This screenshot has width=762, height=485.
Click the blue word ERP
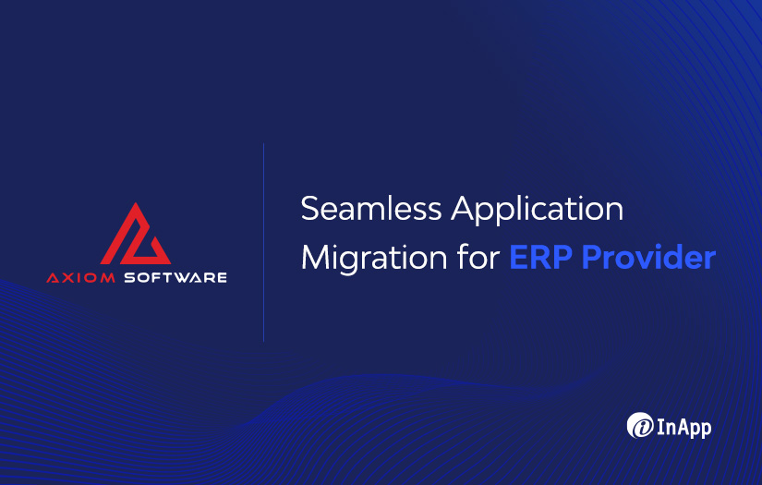[540, 257]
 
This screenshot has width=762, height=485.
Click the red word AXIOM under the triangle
[79, 277]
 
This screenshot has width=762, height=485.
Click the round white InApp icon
[640, 426]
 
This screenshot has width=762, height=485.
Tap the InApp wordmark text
[684, 427]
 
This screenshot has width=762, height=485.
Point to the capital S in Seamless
[310, 209]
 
